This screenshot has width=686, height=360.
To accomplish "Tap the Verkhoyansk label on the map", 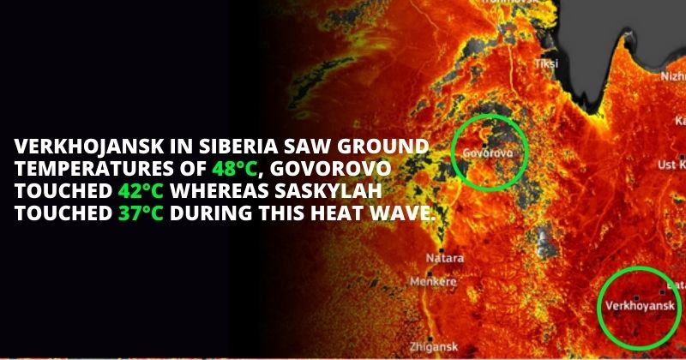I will pyautogui.click(x=640, y=305).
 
